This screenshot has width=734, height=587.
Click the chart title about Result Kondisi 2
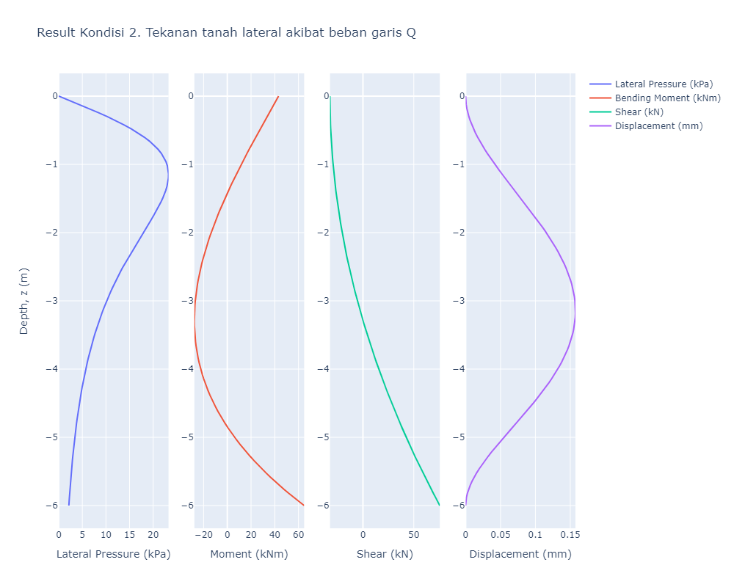226,33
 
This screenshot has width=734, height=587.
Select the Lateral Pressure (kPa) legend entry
664,84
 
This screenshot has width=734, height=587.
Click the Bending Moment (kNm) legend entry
667,98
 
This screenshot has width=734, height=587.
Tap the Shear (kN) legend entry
639,112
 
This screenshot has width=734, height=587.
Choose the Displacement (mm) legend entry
658,125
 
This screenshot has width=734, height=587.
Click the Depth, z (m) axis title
23,301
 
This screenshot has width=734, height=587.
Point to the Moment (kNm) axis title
249,554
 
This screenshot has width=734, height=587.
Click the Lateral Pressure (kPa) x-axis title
113,554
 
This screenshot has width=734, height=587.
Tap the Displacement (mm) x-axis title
520,554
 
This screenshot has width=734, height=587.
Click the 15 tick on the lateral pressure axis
129,534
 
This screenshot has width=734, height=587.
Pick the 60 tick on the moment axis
299,534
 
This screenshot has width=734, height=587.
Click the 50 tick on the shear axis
413,534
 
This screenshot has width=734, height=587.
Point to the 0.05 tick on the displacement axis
501,534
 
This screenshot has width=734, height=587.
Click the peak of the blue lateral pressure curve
168,176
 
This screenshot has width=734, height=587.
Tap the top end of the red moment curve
278,96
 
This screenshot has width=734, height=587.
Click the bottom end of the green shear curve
439,505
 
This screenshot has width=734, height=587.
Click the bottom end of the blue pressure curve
69,505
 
